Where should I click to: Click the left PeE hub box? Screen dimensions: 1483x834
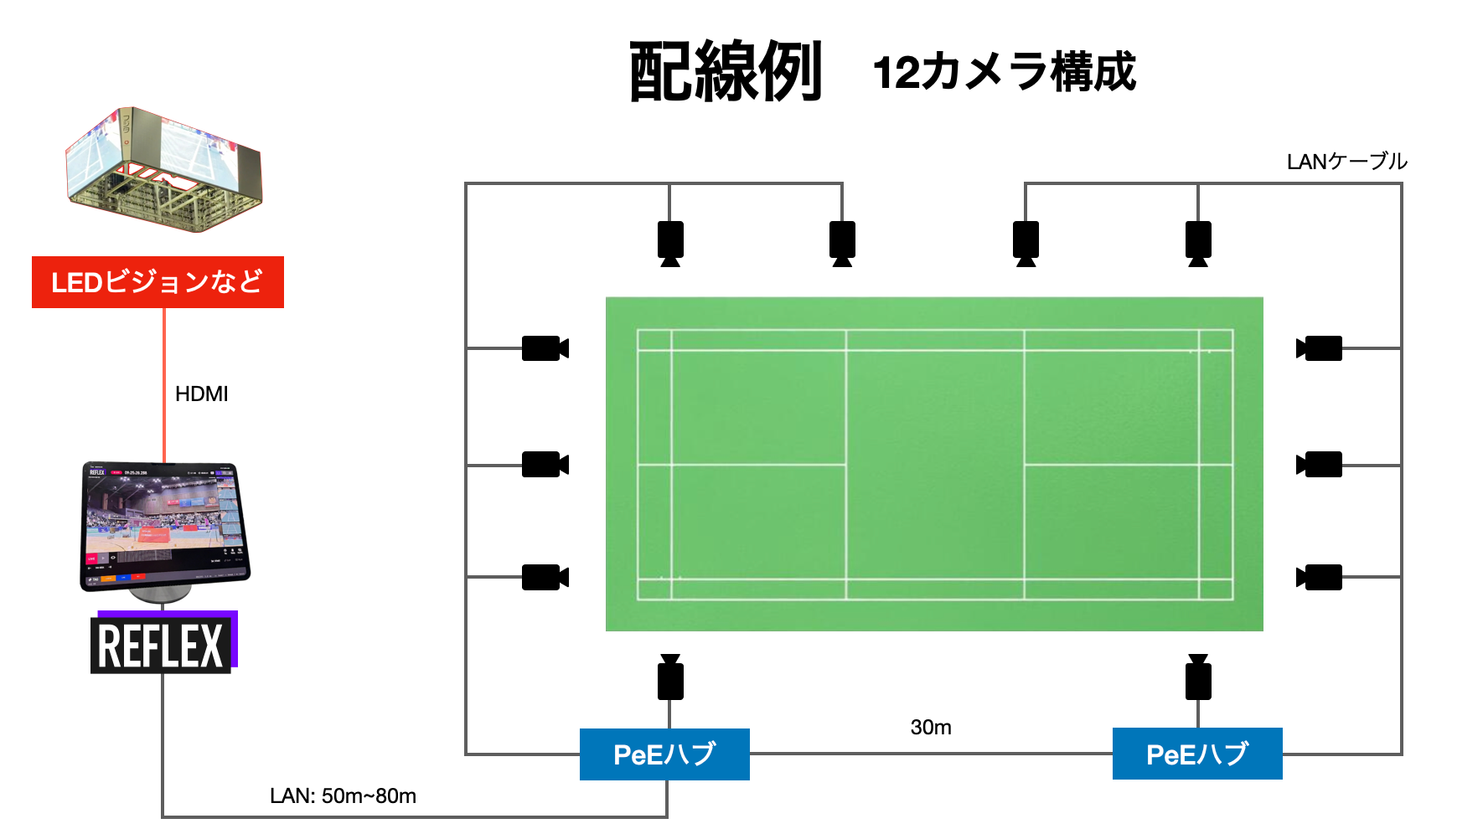click(664, 754)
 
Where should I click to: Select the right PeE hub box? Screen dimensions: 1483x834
click(1197, 754)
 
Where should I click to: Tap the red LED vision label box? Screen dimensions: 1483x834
click(158, 282)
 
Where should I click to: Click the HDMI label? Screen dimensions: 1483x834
click(201, 394)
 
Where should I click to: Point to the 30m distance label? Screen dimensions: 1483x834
click(931, 727)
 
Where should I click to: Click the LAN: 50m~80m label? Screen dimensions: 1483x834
click(343, 795)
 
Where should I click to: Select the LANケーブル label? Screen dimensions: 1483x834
click(1346, 162)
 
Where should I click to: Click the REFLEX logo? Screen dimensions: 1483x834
click(161, 645)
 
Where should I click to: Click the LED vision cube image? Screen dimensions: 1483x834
click(164, 167)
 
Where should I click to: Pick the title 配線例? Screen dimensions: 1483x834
click(726, 72)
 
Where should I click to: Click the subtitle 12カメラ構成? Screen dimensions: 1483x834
click(1004, 72)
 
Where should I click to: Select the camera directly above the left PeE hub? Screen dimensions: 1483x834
click(670, 678)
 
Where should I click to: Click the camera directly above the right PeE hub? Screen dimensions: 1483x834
click(1198, 678)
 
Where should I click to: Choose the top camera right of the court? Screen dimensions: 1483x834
click(1320, 348)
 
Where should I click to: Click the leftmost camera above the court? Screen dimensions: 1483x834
click(670, 242)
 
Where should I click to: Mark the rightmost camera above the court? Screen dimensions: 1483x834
click(1198, 242)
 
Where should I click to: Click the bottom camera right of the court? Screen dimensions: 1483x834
click(1320, 577)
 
